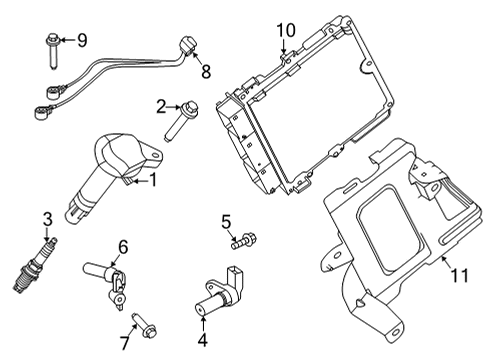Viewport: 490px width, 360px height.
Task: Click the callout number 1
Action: tap(153, 181)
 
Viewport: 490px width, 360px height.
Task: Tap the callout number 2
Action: tap(160, 106)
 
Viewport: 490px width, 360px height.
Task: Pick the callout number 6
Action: tap(123, 246)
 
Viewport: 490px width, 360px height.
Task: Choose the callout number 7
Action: tap(123, 344)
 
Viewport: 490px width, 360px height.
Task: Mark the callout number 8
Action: tap(206, 72)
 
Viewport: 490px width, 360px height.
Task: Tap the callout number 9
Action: tap(82, 40)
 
